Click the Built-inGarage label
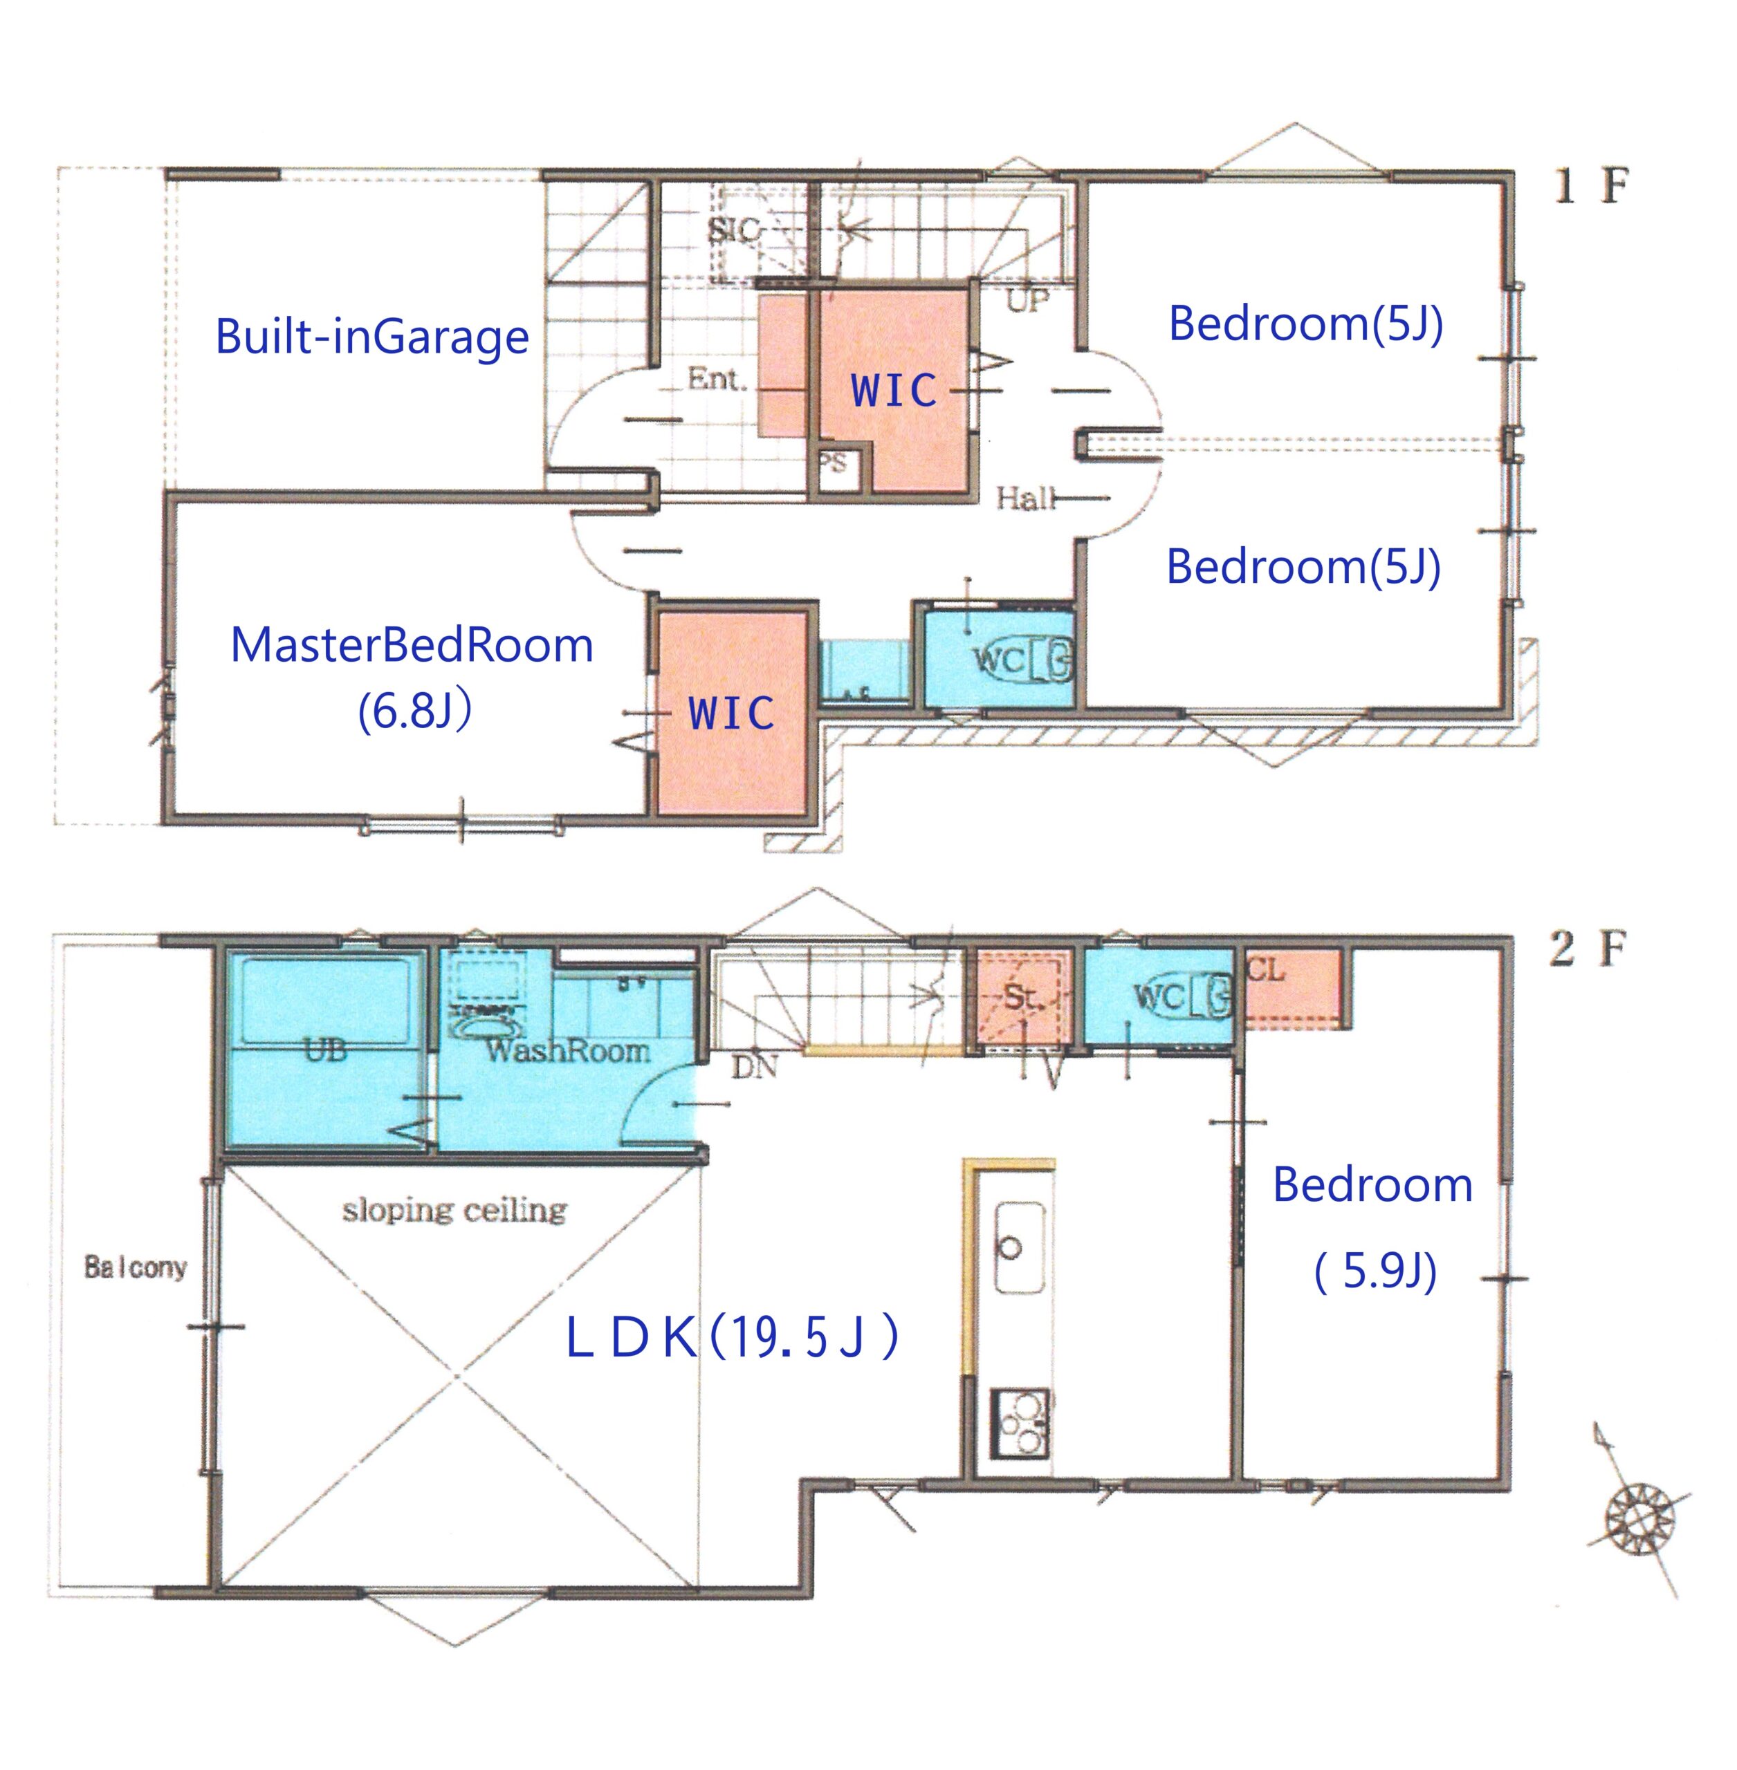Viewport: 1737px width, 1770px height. point(372,337)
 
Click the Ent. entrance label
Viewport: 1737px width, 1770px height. point(717,378)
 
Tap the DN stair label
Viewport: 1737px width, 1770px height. point(755,1066)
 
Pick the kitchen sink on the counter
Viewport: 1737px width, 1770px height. point(1019,1247)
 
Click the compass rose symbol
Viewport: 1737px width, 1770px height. point(1639,1519)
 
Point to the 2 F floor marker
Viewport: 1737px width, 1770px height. point(1588,949)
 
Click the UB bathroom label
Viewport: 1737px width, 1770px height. point(326,1050)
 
